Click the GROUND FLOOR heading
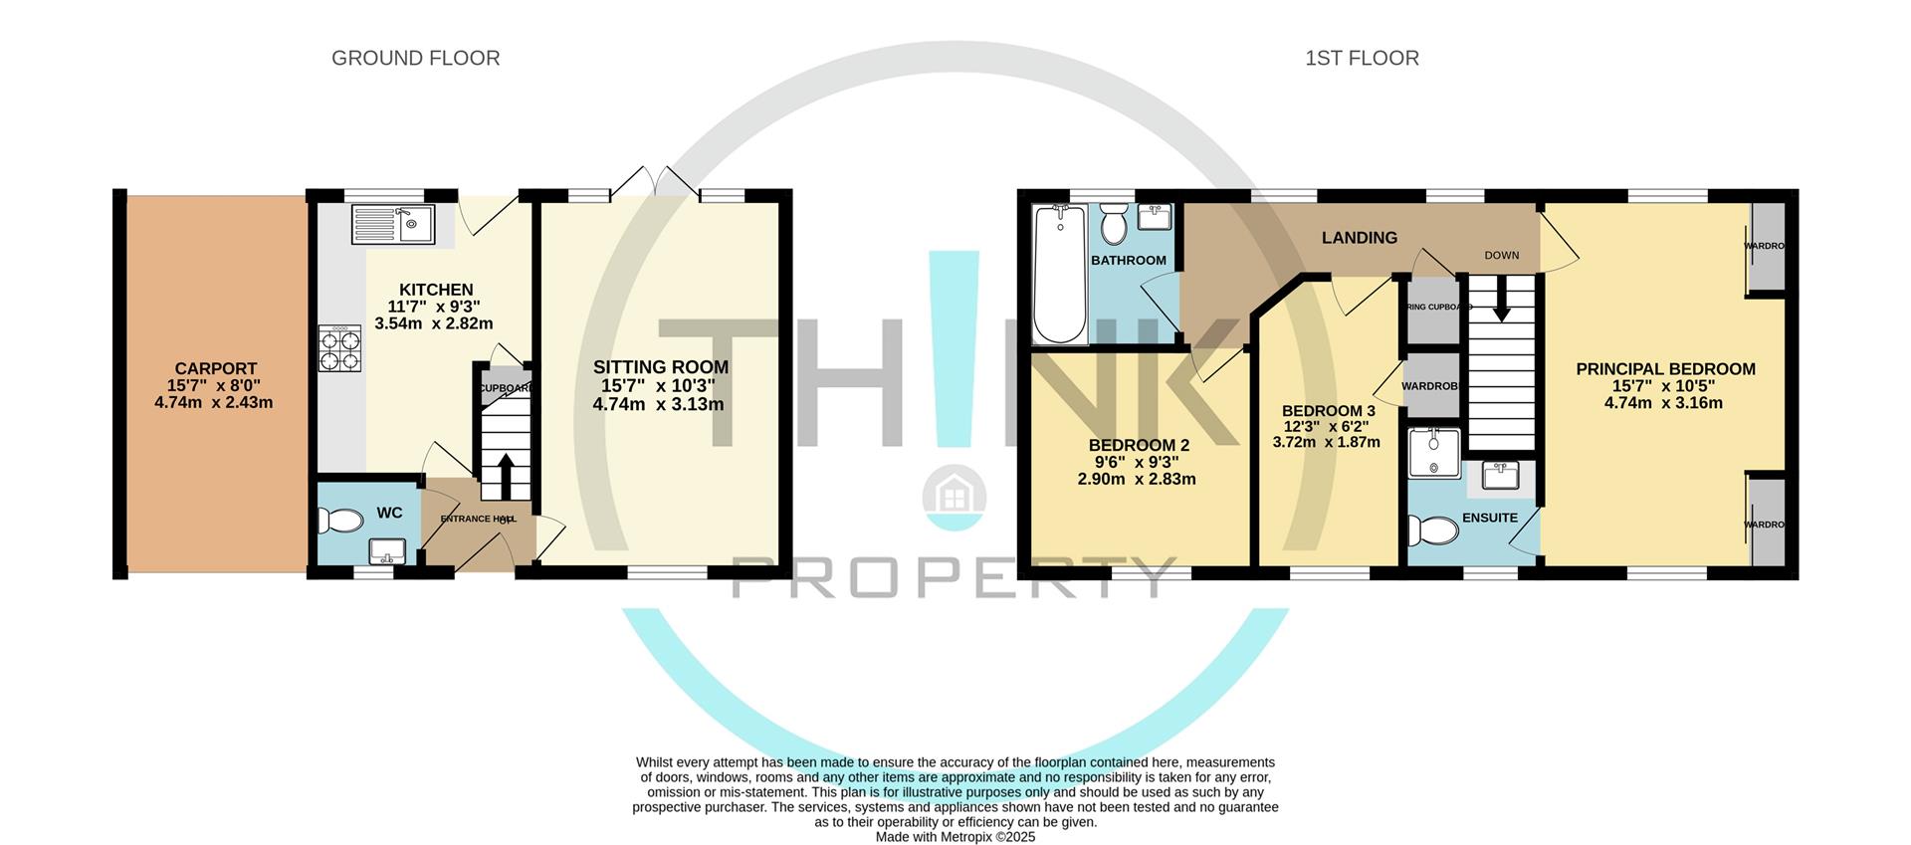[415, 58]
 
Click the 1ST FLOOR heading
[1362, 58]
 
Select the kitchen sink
[393, 225]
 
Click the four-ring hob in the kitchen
[339, 349]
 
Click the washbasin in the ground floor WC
[385, 550]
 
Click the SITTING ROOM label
[661, 367]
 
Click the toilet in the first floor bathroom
[1114, 225]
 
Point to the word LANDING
[1359, 237]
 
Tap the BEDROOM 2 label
[1139, 445]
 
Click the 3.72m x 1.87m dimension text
[1326, 442]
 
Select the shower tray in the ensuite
[1434, 453]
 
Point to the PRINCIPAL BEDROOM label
[1665, 369]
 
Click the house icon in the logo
[955, 493]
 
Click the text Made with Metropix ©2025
[955, 837]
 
